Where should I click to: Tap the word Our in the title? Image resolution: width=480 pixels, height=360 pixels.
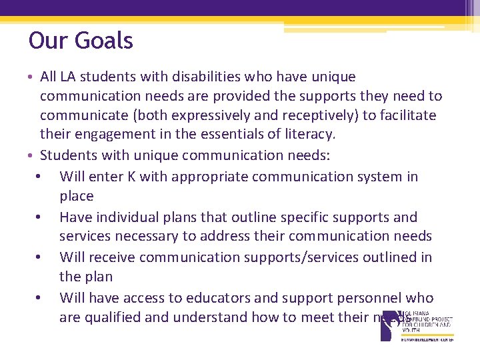tap(48, 41)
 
